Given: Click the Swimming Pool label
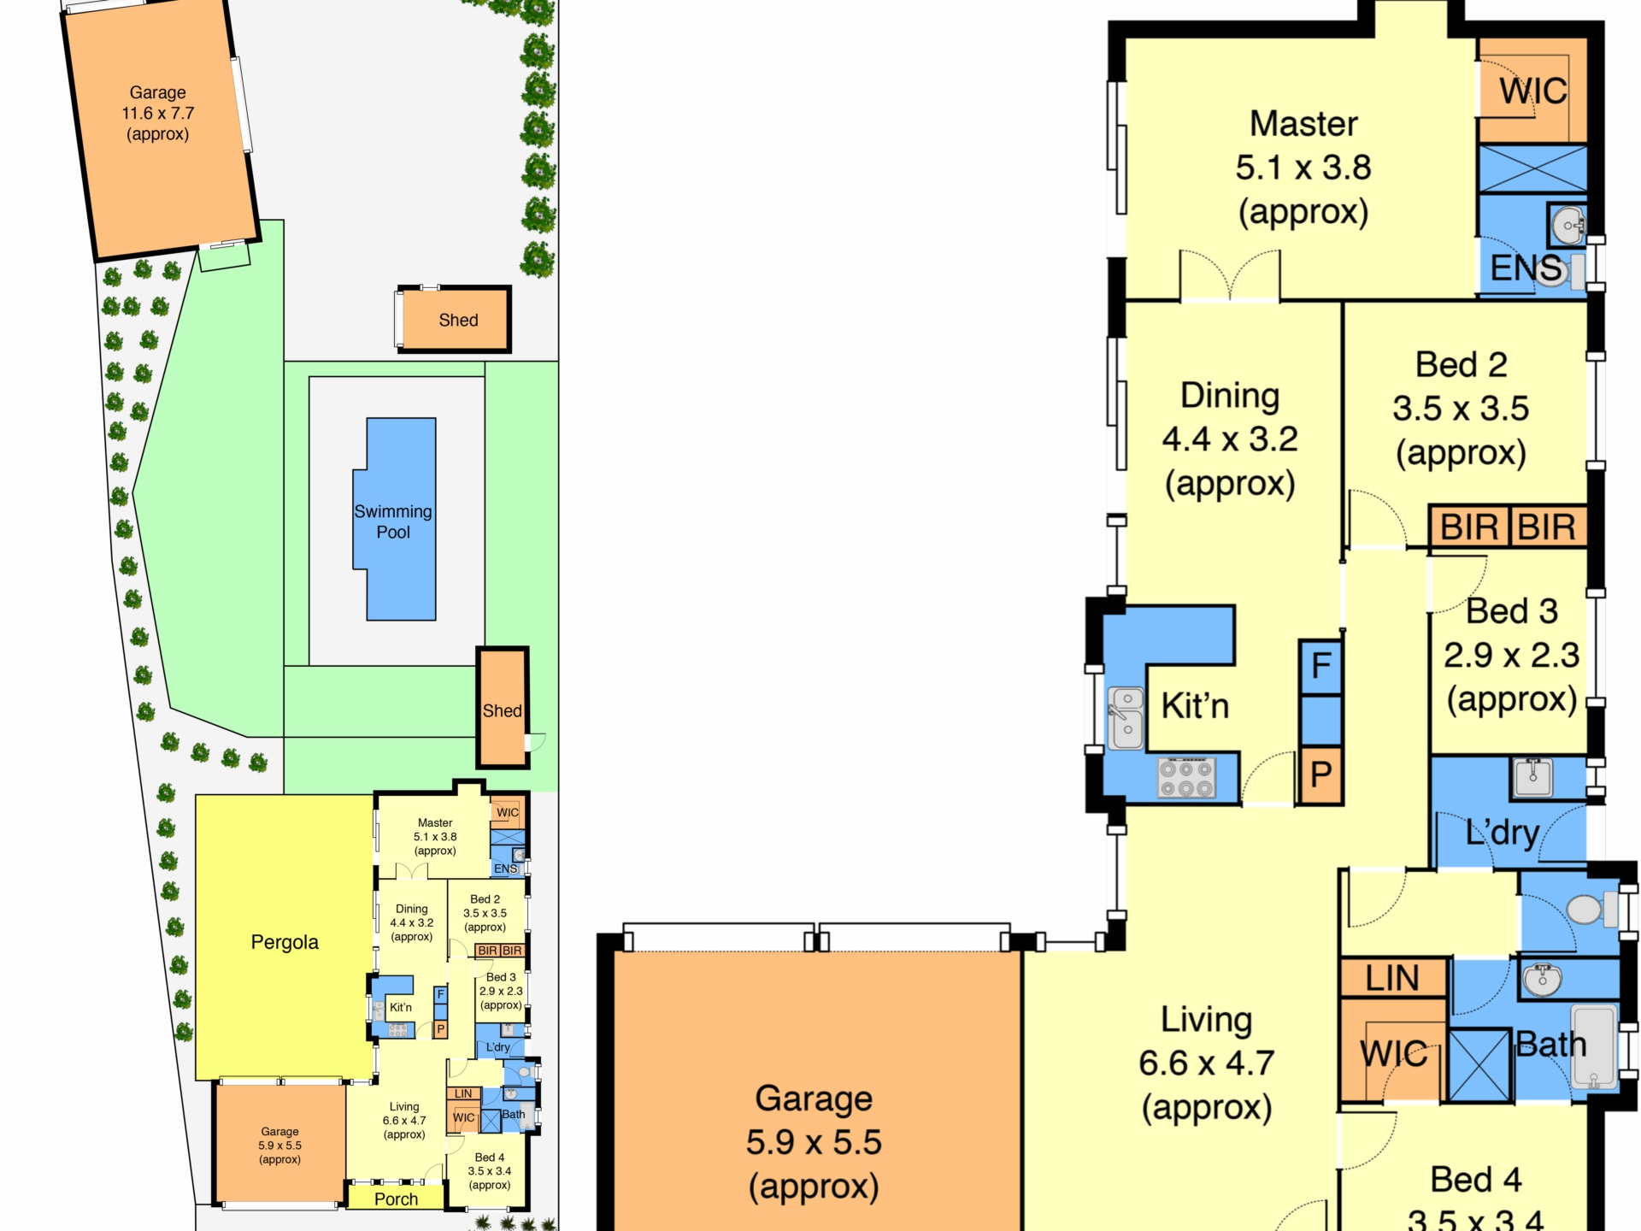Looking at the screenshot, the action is click(393, 521).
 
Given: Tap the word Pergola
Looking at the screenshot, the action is click(285, 942).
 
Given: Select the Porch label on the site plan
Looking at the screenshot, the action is click(397, 1199).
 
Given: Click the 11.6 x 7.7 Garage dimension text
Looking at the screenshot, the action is click(158, 113).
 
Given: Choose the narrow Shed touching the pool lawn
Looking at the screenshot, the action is click(503, 708).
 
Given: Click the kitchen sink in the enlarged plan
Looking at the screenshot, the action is click(1126, 717).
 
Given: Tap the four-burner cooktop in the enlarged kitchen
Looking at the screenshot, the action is click(1187, 778).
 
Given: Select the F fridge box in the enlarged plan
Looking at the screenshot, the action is click(1320, 666).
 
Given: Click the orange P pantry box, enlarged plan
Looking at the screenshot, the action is click(1320, 775).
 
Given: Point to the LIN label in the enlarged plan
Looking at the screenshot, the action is click(1392, 978).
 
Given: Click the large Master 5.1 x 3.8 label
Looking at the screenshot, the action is click(1303, 168).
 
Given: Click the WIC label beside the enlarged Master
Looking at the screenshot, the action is click(1533, 91).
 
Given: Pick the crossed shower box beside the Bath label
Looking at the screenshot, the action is click(1479, 1065).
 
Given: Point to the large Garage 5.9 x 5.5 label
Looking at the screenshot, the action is click(814, 1142).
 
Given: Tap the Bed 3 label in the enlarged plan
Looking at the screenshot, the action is click(1512, 611).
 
